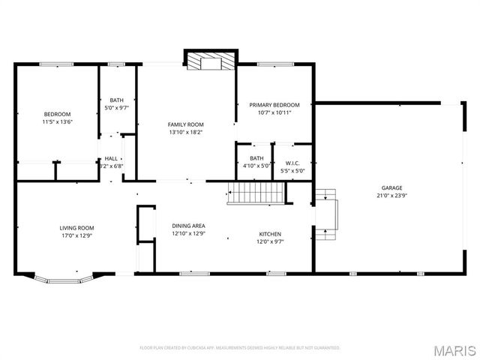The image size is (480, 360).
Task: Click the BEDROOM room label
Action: pyautogui.click(x=57, y=114)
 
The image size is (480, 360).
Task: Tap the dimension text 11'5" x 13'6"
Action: pyautogui.click(x=57, y=121)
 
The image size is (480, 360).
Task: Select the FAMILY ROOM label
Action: pyautogui.click(x=185, y=124)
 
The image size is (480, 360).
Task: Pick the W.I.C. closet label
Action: pyautogui.click(x=292, y=163)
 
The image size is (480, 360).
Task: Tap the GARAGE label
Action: pyautogui.click(x=391, y=187)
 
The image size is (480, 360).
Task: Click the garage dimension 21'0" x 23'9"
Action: pyautogui.click(x=391, y=196)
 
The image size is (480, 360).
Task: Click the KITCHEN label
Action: pyautogui.click(x=270, y=233)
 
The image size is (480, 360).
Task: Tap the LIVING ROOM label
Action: pyautogui.click(x=76, y=227)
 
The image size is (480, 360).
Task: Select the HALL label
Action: pyautogui.click(x=111, y=158)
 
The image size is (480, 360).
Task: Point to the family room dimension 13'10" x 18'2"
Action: pyautogui.click(x=185, y=132)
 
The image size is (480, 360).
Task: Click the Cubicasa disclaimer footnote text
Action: pyautogui.click(x=240, y=348)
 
